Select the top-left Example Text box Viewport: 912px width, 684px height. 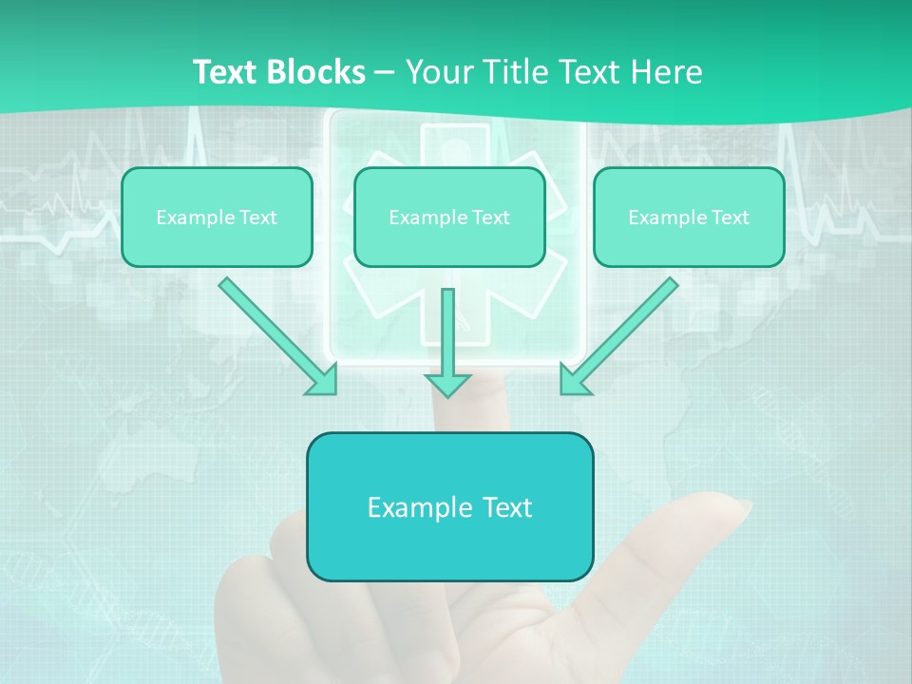pos(217,217)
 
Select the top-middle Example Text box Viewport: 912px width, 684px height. pos(449,217)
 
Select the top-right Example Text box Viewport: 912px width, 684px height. pos(689,217)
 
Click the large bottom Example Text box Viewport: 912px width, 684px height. pos(449,506)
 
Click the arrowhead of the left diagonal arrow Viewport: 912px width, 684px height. pos(322,379)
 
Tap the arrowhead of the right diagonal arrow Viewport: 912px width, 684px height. pos(574,379)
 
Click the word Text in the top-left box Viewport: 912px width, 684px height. pos(258,217)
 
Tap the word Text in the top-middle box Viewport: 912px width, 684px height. pos(491,217)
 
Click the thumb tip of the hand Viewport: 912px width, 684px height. pos(731,507)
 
